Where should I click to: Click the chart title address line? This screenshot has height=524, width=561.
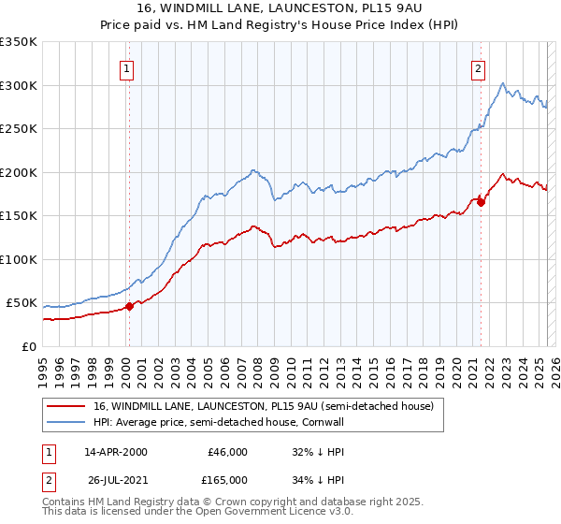pyautogui.click(x=280, y=8)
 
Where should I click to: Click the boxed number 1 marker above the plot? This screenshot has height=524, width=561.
pyautogui.click(x=126, y=67)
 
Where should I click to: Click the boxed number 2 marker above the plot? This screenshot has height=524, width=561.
pyautogui.click(x=478, y=67)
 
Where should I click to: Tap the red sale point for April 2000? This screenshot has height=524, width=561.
pyautogui.click(x=130, y=306)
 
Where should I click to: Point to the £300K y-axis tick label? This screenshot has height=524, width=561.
pyautogui.click(x=19, y=85)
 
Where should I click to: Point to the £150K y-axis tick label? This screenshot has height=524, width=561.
pyautogui.click(x=19, y=216)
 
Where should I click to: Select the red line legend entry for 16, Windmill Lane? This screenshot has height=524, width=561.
pyautogui.click(x=263, y=406)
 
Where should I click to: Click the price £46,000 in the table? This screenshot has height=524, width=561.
pyautogui.click(x=227, y=451)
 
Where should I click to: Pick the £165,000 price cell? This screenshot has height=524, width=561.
pyautogui.click(x=227, y=479)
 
